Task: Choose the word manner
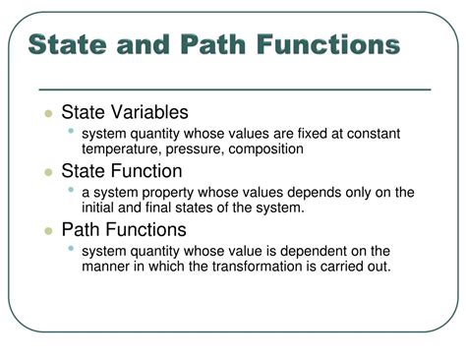pyautogui.click(x=107, y=266)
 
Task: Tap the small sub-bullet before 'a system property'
pyautogui.click(x=71, y=190)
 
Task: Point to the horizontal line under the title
pyautogui.click(x=236, y=89)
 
